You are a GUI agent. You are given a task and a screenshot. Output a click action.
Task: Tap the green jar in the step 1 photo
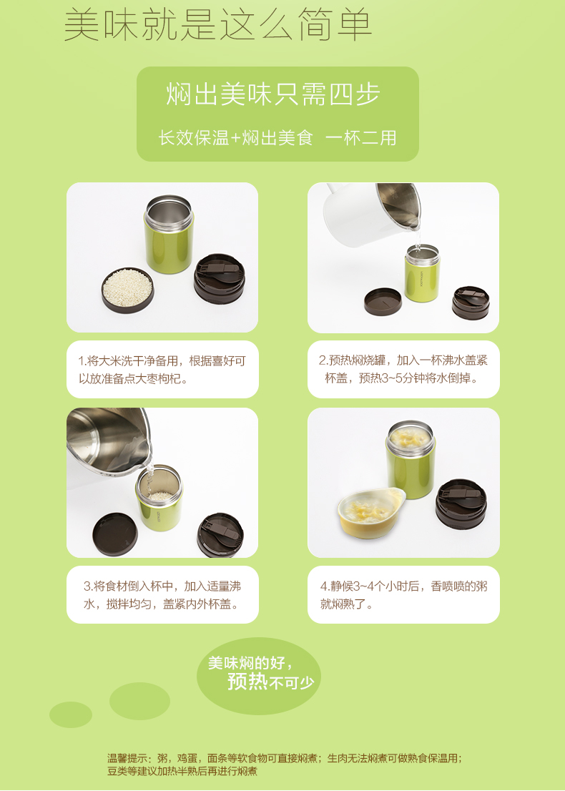tap(169, 235)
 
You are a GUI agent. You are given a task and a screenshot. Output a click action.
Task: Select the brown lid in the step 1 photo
tap(220, 278)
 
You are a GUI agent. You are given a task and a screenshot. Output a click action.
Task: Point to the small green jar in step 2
tap(422, 272)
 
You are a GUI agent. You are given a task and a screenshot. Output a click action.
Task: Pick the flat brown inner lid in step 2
tap(383, 302)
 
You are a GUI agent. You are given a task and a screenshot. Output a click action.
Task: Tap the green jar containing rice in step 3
tap(158, 497)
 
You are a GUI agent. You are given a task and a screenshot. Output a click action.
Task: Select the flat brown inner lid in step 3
tap(114, 534)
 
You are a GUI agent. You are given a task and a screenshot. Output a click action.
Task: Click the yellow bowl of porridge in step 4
tap(371, 511)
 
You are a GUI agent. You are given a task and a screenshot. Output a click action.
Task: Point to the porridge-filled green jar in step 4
tap(410, 458)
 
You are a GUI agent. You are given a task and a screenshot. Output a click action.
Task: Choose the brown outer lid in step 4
tap(461, 503)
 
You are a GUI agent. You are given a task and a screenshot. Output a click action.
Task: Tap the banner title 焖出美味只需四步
tap(273, 94)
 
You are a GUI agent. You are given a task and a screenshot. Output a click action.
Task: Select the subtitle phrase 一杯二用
tap(360, 137)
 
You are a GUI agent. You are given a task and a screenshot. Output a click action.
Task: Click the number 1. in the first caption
tap(82, 361)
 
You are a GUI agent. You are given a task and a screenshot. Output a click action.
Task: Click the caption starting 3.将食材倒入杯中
tap(162, 595)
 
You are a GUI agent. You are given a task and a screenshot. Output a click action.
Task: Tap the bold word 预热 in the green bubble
tap(247, 681)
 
